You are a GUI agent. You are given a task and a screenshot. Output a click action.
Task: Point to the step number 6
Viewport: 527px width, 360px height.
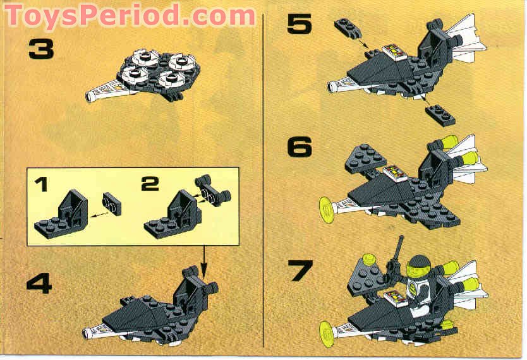(x=300, y=147)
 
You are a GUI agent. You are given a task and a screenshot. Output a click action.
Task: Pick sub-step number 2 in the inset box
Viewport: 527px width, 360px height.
(x=149, y=184)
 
